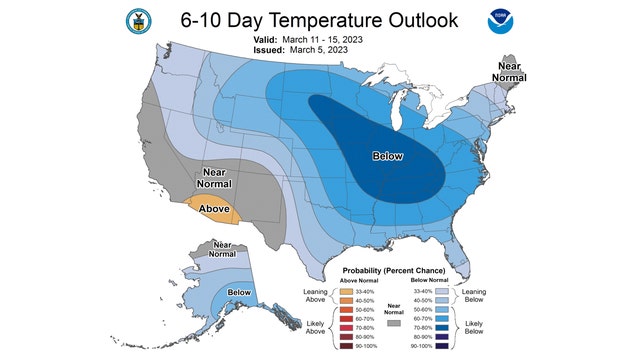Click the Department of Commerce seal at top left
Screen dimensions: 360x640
(136, 22)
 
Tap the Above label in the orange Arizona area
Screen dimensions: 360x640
(214, 209)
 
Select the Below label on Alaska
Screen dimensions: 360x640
(239, 293)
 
